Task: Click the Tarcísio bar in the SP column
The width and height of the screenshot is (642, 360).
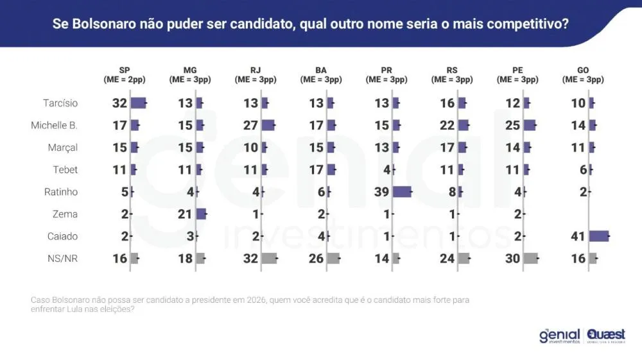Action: tap(138, 103)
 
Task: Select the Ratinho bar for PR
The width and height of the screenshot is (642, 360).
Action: tap(402, 192)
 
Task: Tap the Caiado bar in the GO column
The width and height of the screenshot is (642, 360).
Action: tap(598, 236)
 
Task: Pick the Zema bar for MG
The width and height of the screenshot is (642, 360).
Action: tap(201, 214)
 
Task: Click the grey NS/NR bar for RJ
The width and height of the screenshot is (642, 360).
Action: tap(269, 259)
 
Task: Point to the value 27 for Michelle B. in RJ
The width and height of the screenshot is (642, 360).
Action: tap(251, 125)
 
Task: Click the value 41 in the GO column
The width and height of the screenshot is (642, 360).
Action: tap(578, 236)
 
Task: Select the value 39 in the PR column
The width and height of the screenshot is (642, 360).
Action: tap(382, 192)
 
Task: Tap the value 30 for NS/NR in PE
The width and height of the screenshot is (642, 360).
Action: tap(512, 259)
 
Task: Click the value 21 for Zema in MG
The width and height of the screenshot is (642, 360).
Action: tap(186, 214)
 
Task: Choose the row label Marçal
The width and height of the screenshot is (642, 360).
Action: tap(63, 148)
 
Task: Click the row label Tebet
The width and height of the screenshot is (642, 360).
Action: tap(65, 169)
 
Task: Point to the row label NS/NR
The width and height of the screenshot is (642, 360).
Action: tap(63, 259)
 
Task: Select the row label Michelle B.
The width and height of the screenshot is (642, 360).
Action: tap(54, 125)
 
